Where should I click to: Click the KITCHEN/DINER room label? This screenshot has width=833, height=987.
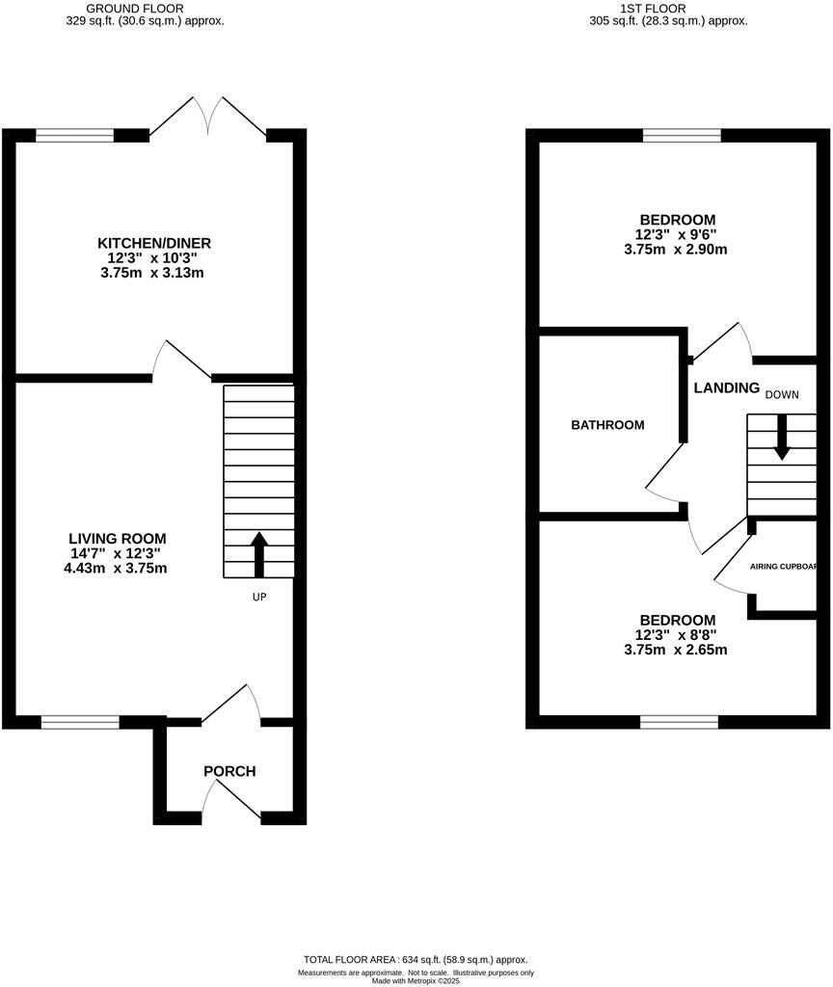tap(154, 243)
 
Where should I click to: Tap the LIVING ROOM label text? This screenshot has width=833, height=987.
tap(118, 538)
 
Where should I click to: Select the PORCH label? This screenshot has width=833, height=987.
tap(229, 771)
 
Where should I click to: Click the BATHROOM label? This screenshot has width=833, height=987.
tap(607, 425)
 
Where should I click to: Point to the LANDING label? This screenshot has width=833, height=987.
tap(727, 387)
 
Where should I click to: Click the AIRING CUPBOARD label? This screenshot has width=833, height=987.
tap(790, 566)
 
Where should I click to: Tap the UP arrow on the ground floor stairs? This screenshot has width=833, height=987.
tap(258, 553)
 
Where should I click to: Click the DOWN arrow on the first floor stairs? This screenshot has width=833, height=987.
tap(782, 437)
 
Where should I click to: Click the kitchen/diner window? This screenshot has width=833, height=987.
tap(74, 136)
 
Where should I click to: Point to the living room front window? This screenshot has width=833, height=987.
tap(80, 721)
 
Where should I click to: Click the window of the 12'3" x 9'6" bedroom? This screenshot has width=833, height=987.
tap(682, 136)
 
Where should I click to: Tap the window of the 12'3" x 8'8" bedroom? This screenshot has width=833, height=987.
tap(680, 721)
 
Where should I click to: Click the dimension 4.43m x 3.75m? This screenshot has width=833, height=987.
tap(118, 569)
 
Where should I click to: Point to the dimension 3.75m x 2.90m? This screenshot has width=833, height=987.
tap(675, 250)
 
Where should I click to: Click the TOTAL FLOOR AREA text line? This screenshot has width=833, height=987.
tap(416, 960)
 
